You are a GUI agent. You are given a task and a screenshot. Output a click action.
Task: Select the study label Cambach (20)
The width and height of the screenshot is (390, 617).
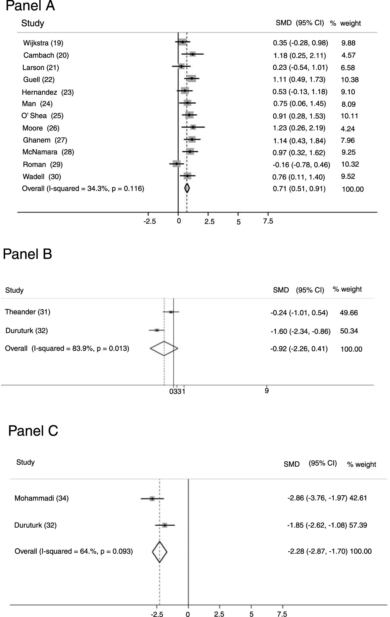[46, 55]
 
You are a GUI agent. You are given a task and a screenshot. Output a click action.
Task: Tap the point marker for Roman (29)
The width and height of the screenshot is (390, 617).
[176, 164]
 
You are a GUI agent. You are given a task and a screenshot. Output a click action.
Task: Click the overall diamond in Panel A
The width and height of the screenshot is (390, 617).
[187, 188]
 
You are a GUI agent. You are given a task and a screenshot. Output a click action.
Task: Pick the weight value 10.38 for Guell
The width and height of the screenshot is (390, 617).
[350, 80]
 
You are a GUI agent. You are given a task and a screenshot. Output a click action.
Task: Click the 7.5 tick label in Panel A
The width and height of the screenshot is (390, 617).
[268, 221]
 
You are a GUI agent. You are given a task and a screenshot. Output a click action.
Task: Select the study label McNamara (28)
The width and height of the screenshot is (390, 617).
[48, 152]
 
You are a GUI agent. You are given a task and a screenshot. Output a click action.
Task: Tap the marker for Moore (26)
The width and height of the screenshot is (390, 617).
[193, 127]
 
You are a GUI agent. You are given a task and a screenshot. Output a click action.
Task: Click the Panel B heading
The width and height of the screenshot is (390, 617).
[27, 254]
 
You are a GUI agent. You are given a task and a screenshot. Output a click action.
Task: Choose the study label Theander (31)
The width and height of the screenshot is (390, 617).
[27, 312]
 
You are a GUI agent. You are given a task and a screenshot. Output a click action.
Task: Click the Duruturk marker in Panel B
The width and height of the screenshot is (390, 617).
[157, 330]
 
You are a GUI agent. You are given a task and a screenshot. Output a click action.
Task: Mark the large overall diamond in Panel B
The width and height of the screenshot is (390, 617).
[164, 348]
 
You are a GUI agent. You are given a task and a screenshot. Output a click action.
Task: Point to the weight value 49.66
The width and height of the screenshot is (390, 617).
[349, 313]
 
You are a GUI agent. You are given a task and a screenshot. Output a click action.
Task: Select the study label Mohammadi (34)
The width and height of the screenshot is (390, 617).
[41, 498]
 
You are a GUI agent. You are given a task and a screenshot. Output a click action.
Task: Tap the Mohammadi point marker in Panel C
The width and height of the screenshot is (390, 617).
[152, 498]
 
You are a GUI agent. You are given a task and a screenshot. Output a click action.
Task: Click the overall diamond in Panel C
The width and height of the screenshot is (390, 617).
[160, 552]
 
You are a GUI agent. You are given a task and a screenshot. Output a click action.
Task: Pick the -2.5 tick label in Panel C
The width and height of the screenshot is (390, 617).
[157, 614]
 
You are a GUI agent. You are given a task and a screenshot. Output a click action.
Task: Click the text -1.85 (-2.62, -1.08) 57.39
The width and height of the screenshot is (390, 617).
[327, 525]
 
